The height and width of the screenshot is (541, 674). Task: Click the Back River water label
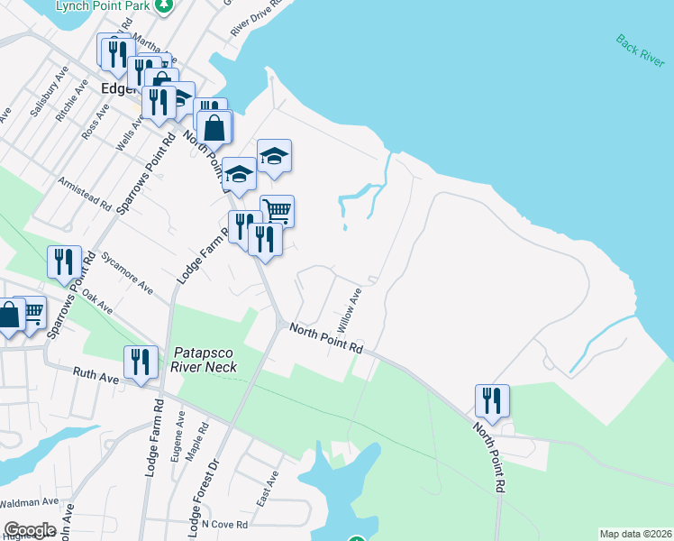(641, 51)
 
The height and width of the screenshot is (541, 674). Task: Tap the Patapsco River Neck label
(203, 360)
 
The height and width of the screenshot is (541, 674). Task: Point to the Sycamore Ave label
(126, 271)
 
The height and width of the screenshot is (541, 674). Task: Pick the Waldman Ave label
(29, 502)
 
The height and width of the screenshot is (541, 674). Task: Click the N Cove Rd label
(223, 524)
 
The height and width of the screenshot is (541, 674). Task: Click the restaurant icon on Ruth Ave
(140, 363)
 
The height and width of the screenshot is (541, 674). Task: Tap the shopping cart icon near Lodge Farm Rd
(277, 212)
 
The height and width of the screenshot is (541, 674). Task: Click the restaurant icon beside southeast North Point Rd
(492, 400)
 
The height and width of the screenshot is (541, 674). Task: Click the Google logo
(31, 530)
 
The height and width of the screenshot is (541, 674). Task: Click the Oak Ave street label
(96, 301)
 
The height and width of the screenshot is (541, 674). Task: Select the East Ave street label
(268, 487)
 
